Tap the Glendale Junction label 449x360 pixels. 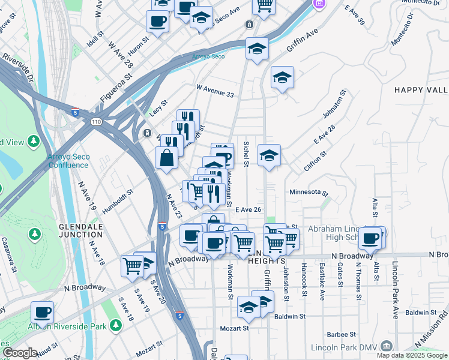(81, 230)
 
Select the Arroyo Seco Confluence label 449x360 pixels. (68, 161)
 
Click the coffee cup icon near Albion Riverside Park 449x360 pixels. (42, 312)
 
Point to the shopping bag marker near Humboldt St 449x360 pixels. (166, 158)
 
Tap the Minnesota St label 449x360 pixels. (308, 193)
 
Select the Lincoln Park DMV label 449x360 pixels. (344, 347)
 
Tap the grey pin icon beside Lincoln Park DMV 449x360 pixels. (387, 346)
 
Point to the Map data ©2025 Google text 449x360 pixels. (412, 355)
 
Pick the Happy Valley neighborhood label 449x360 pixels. (421, 90)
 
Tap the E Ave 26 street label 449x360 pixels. (248, 209)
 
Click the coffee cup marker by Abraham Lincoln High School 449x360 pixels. (370, 238)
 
